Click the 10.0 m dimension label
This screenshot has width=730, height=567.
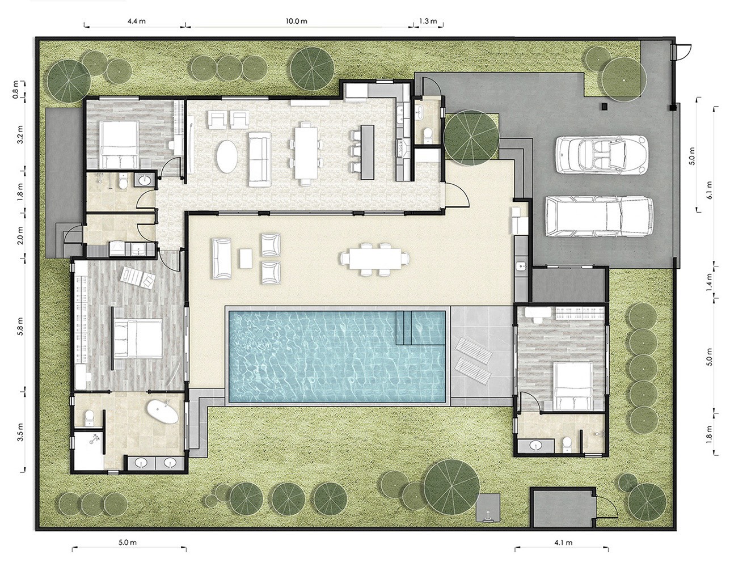point(296,21)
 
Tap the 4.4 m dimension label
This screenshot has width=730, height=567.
point(136,21)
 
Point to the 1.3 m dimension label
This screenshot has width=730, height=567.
point(428,21)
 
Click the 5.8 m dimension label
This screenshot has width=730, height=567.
point(21,326)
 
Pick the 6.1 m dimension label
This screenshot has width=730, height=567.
point(709,191)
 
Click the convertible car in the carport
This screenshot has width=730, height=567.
point(601,154)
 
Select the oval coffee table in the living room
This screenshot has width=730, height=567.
point(227,156)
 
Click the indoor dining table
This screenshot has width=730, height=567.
point(306,153)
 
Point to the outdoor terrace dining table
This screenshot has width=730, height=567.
point(375,259)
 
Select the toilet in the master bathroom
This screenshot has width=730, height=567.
point(89,418)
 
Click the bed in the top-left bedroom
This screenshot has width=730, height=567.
point(119,145)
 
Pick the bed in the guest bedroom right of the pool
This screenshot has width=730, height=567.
point(573,386)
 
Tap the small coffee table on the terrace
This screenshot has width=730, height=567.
point(246,258)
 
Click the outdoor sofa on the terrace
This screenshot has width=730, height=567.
point(222,258)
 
